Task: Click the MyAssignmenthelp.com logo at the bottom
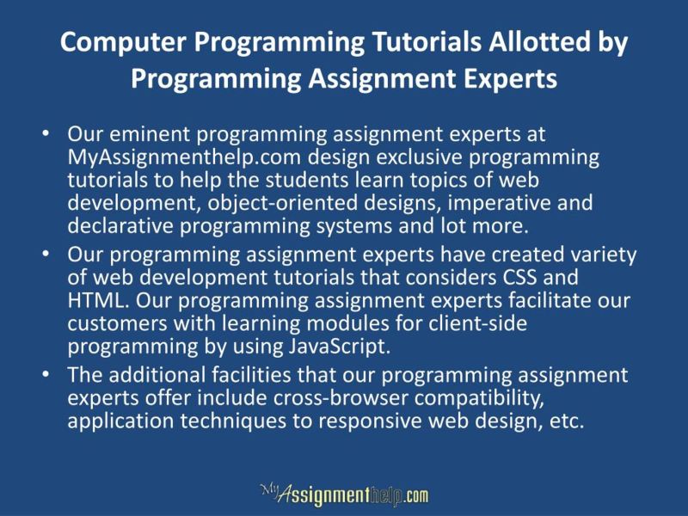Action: [x=344, y=494]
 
